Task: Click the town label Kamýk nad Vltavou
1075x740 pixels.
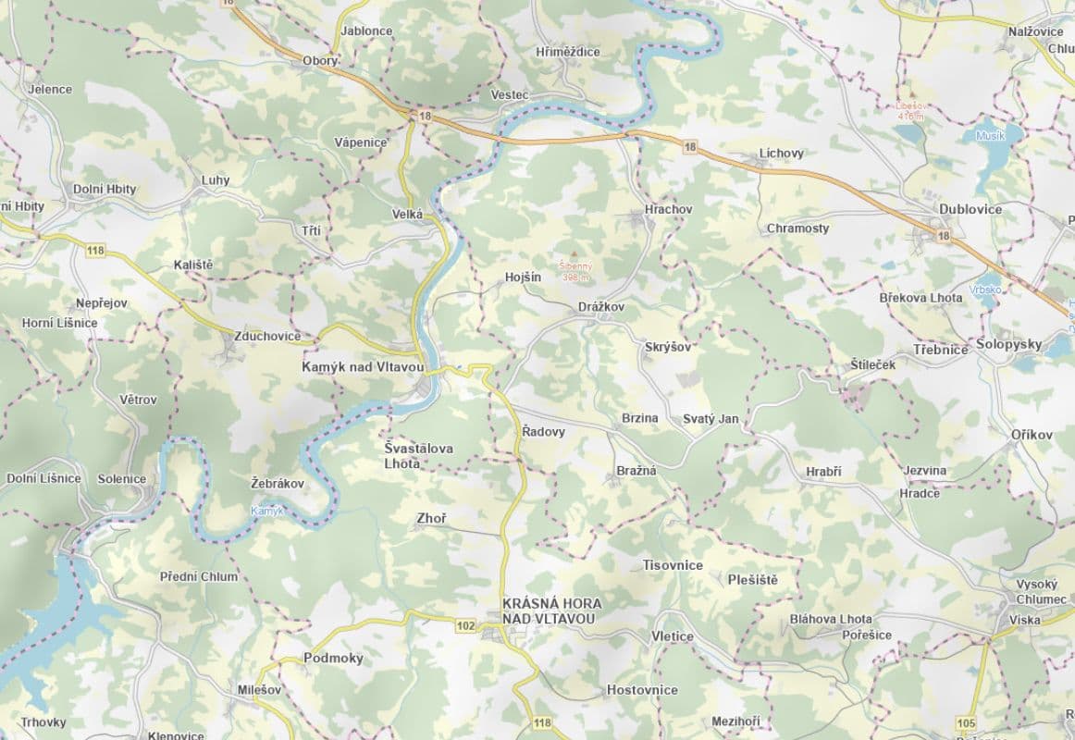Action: coord(363,367)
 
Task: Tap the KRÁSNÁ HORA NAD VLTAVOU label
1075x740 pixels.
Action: coord(550,610)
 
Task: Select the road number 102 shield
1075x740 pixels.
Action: coord(465,626)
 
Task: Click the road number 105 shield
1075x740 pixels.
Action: coord(968,722)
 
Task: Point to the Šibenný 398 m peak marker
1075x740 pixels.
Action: coord(575,254)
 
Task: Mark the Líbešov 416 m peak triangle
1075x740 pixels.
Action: coord(910,93)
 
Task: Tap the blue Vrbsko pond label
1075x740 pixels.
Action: coord(986,289)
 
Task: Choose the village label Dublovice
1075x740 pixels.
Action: coord(970,209)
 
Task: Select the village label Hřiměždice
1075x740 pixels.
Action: coord(568,52)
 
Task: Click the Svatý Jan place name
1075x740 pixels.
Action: coord(710,419)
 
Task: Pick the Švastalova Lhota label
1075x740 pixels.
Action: coord(418,456)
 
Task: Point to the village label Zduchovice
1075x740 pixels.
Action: coord(267,336)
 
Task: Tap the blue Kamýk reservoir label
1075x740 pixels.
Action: coord(267,511)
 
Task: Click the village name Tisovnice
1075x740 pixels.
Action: coord(673,565)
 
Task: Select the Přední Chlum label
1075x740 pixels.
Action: coord(199,576)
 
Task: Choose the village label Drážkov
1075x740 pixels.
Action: coord(601,306)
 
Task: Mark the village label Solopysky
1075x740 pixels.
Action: coord(1008,344)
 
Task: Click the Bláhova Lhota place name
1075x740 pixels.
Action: coord(831,619)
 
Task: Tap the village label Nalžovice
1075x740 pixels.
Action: coord(1035,31)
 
